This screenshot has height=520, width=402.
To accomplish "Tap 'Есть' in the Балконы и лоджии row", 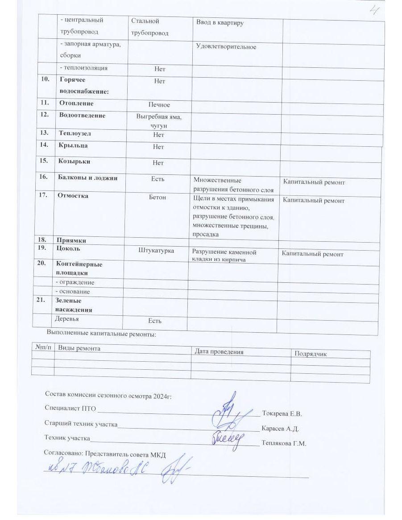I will (x=158, y=178).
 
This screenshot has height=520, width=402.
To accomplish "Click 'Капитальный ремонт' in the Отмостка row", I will (x=314, y=201).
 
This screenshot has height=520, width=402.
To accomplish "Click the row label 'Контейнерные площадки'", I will (x=79, y=268).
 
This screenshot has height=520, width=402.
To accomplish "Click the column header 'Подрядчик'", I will (x=311, y=354).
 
